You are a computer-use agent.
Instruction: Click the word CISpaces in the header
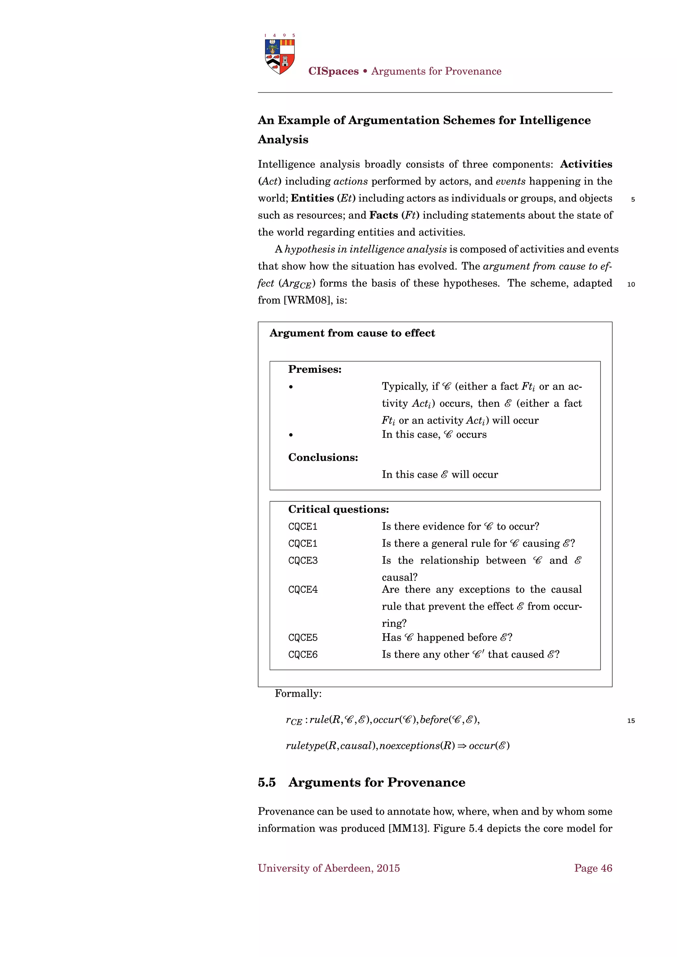tap(333, 71)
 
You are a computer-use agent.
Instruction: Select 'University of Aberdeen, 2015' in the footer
tap(329, 868)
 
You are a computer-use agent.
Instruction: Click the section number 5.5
tap(267, 783)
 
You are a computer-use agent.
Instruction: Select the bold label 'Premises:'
tap(315, 369)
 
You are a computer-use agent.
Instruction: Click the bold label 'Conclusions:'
tap(323, 457)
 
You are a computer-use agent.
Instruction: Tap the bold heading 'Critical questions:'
tap(338, 509)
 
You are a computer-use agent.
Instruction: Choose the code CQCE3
tap(303, 560)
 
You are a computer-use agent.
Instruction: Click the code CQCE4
tap(303, 590)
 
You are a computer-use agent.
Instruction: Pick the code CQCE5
tap(303, 638)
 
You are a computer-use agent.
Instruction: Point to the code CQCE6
tap(303, 655)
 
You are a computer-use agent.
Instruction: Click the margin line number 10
tap(631, 284)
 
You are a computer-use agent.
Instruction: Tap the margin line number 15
tap(631, 721)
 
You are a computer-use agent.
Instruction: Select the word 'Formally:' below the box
tap(298, 694)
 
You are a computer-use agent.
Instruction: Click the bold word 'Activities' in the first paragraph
tap(586, 164)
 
